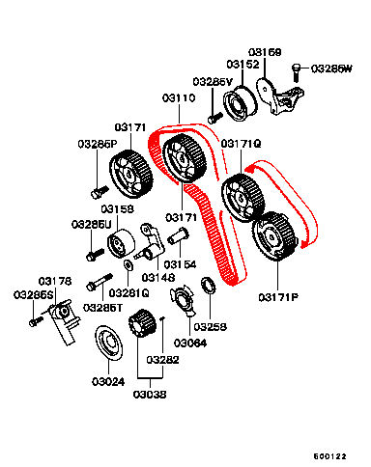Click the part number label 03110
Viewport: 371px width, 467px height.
point(179,97)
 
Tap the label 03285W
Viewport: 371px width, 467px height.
point(331,69)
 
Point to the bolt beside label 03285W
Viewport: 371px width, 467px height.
point(296,73)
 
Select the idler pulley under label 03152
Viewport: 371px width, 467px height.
point(241,103)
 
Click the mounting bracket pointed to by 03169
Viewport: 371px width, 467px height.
point(279,96)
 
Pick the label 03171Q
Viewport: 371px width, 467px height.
point(241,144)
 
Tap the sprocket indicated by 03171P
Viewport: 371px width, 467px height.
point(274,236)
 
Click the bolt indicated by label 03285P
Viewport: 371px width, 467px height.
point(100,191)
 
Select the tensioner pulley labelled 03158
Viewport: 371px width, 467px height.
point(121,243)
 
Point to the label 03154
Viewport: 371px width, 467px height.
point(180,264)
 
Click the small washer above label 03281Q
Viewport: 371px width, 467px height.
point(128,264)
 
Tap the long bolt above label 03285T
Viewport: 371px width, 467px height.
point(100,282)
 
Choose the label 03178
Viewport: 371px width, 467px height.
point(55,281)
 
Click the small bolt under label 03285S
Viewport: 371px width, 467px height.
point(36,321)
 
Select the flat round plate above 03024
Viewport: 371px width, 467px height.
point(108,343)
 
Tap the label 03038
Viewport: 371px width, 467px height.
point(150,394)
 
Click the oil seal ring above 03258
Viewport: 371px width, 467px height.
point(208,285)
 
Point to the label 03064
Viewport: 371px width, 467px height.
point(190,343)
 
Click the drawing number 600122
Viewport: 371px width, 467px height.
point(330,456)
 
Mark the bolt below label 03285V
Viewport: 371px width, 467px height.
point(215,118)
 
